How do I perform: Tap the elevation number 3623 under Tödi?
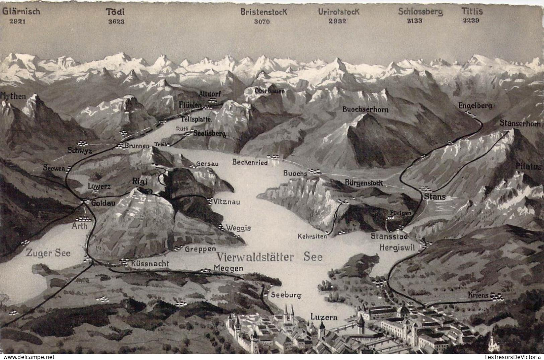116,21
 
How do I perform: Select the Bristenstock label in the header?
264,12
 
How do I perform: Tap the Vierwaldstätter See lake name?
270,257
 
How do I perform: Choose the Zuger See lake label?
48,253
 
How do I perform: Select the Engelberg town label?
475,106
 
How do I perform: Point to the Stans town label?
435,197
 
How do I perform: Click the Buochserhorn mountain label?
365,110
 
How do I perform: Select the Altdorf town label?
210,93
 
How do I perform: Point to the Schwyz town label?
80,151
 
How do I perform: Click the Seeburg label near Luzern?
286,295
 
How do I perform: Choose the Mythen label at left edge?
13,96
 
